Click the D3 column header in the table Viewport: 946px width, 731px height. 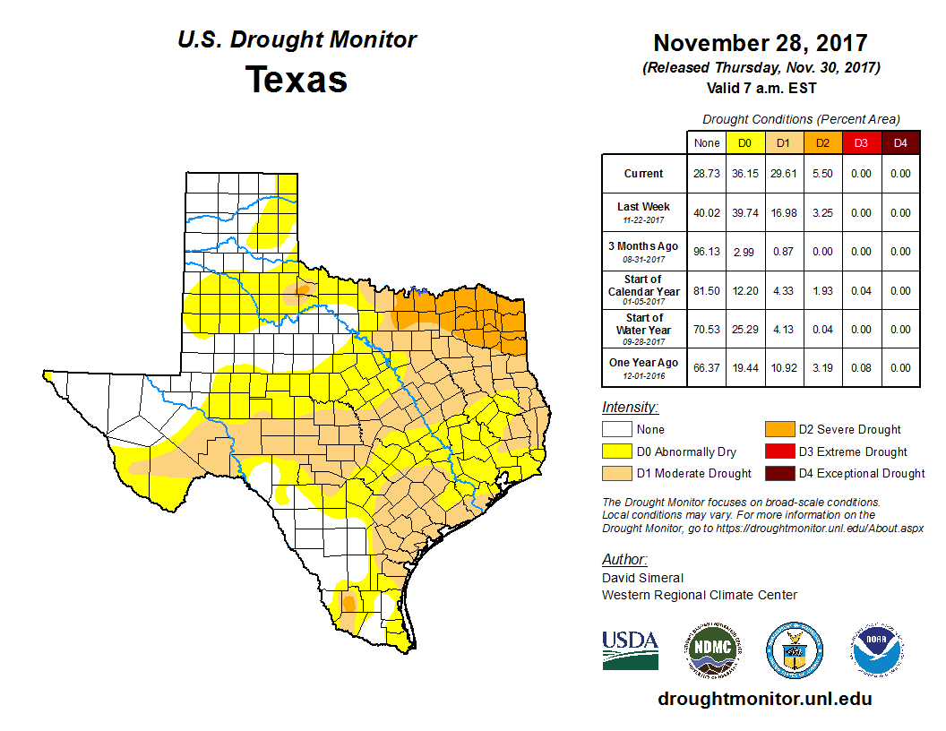tap(860, 142)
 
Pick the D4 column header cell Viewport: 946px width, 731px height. tap(899, 142)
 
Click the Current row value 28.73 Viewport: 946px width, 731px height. tap(706, 174)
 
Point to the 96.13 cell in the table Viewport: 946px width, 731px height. tap(706, 252)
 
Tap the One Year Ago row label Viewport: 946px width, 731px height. tap(644, 363)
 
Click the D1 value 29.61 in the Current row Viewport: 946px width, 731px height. tap(783, 174)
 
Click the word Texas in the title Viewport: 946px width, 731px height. tap(297, 79)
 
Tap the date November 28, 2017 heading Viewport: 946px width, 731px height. tap(760, 43)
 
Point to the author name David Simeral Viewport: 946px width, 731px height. tap(642, 578)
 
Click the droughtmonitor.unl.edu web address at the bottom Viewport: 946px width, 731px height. tap(764, 699)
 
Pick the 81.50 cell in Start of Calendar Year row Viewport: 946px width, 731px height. tap(706, 291)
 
